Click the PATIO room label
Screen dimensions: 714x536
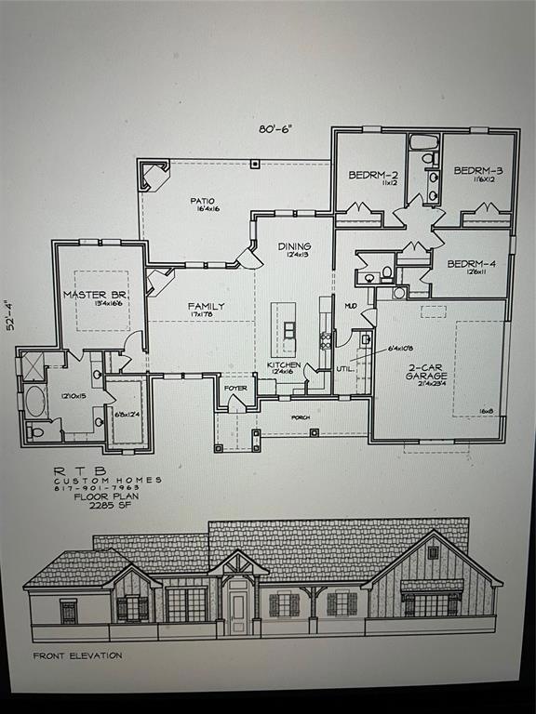tap(203, 200)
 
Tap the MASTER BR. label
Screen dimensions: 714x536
tap(95, 295)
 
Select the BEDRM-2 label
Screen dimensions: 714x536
tap(373, 175)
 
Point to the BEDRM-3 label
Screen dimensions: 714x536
tap(478, 170)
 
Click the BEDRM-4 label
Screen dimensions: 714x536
tap(471, 263)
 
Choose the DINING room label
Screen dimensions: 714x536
tap(294, 246)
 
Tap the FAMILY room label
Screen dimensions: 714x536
tap(206, 306)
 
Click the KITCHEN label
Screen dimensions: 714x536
tap(285, 365)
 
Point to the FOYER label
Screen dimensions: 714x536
tap(235, 388)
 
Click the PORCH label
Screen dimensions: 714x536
tap(300, 417)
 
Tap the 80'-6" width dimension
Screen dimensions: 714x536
tap(275, 129)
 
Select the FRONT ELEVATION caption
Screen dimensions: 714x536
tap(77, 655)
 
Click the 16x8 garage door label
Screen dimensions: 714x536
tap(486, 409)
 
